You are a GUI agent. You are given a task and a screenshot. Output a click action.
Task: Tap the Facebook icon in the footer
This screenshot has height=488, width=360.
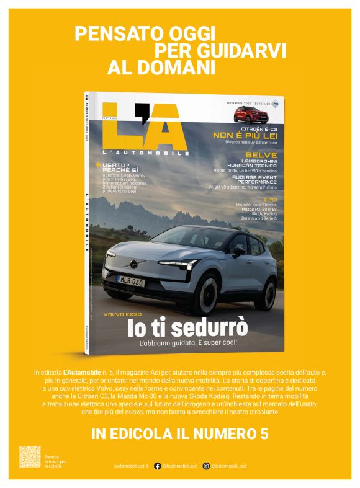pos(158,466)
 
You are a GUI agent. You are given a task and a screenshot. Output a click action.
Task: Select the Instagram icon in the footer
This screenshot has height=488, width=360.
pos(206,466)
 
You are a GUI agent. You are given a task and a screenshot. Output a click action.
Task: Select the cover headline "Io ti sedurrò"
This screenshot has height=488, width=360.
pos(187,327)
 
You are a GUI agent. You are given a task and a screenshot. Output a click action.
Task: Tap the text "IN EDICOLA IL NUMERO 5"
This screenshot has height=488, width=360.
pos(179,434)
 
